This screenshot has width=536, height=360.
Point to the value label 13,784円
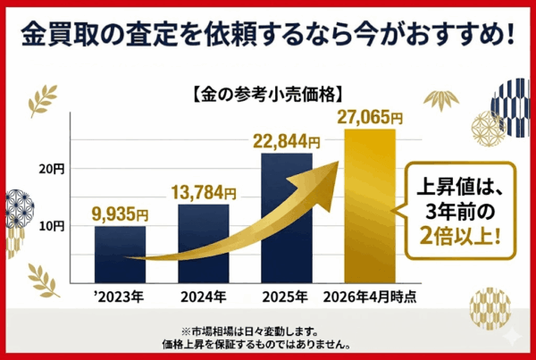204,192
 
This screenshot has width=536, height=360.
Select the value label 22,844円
286,141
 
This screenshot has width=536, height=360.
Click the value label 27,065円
370,117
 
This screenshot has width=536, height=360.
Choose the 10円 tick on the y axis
53,226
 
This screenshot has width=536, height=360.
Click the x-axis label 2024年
203,297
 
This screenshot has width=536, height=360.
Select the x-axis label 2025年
287,297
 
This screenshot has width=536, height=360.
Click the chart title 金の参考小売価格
269,92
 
